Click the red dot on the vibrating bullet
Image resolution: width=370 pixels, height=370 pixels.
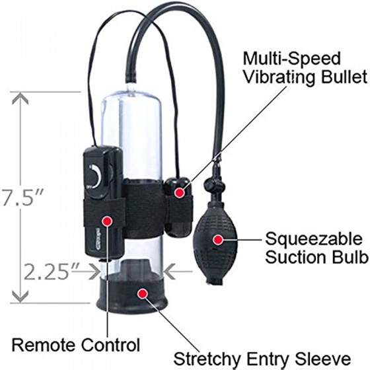coord(180,192)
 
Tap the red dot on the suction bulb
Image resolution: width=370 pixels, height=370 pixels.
coord(218,239)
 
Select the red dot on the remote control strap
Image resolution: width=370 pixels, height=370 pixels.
coord(107,221)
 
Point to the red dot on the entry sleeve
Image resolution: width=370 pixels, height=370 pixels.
coord(143,293)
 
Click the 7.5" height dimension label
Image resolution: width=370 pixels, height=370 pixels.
coord(22,198)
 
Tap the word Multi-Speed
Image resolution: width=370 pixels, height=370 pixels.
coord(292,59)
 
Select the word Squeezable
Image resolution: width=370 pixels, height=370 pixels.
coord(314,239)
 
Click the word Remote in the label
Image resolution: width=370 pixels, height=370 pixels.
coord(44,345)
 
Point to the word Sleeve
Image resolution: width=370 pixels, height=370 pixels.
coord(323,359)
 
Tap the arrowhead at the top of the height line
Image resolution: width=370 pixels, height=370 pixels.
coord(20,98)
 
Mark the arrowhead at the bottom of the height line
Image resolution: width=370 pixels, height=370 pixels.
coord(20,296)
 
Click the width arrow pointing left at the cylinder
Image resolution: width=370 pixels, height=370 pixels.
coord(178,272)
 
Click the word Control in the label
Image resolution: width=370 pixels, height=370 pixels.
coord(110,345)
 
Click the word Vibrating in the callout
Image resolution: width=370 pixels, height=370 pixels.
coord(279,78)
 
